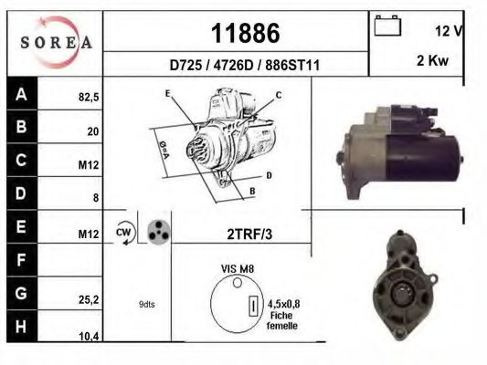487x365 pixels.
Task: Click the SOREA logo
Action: tap(56, 42)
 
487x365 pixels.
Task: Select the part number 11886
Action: tap(245, 33)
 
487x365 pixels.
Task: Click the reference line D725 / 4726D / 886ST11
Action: tap(245, 67)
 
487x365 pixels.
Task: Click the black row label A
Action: tap(20, 93)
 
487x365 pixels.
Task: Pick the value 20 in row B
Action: tap(92, 131)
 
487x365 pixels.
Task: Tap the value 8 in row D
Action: tap(95, 197)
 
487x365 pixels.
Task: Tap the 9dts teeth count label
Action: tap(147, 304)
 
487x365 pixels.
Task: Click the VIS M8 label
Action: tap(238, 270)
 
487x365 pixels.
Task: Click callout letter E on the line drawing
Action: tap(168, 94)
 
